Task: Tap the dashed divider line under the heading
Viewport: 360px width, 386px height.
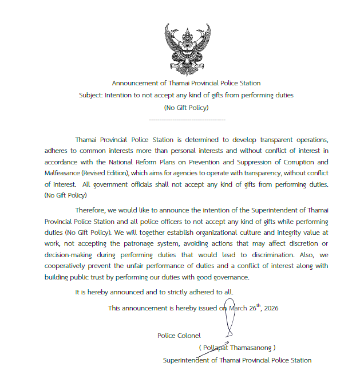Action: coord(187,119)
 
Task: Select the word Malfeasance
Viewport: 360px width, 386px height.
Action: coord(62,173)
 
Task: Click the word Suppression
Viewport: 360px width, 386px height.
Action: coord(232,162)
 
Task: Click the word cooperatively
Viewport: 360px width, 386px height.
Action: coord(68,266)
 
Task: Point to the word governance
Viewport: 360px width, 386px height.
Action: coord(230,277)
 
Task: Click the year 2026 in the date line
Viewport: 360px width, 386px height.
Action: coord(271,308)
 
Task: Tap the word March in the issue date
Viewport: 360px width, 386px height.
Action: coord(239,308)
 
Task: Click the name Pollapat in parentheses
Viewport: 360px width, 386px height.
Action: coord(216,347)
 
